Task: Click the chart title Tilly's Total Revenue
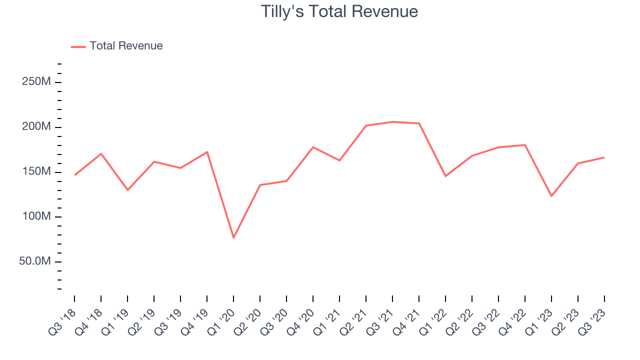coord(339,11)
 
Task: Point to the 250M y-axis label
coord(36,82)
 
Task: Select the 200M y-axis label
coord(36,127)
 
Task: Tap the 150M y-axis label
coord(36,172)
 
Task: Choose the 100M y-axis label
coord(36,217)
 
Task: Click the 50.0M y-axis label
coord(35,262)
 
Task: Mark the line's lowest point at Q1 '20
coord(233,237)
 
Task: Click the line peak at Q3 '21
coord(392,121)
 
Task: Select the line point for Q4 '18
coord(101,153)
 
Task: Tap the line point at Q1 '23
coord(551,196)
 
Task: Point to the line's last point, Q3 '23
coord(604,157)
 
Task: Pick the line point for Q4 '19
coord(207,152)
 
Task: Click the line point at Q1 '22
coord(445,176)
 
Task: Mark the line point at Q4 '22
coord(525,145)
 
